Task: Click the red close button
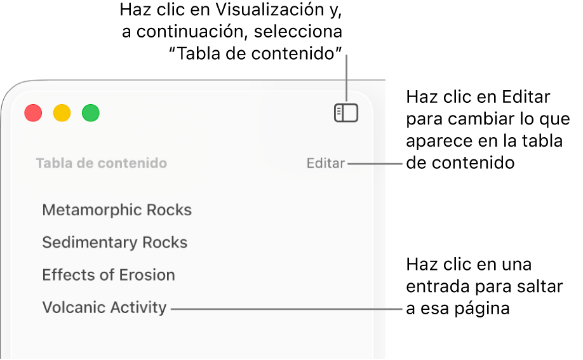33,112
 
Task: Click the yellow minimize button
62,112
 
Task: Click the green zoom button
90,112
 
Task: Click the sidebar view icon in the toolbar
345,112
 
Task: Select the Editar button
326,163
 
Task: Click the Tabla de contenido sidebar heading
102,163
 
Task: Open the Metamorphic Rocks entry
117,210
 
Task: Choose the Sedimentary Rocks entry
114,243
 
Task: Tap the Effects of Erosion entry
109,275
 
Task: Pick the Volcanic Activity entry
104,307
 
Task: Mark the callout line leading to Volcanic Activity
286,309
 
